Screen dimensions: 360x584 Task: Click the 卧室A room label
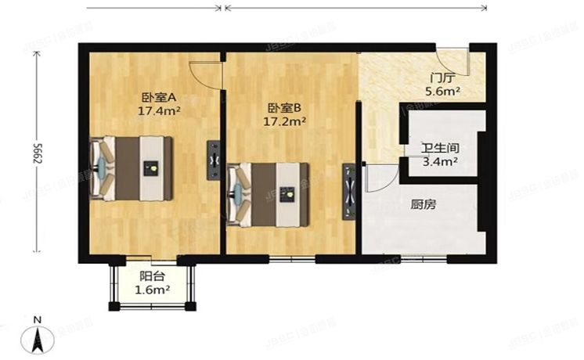pos(159,98)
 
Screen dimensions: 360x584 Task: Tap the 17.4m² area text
pos(159,111)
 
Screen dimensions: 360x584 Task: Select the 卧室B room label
pos(283,109)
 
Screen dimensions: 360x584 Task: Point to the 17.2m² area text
pos(283,122)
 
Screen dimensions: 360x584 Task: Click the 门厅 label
pos(442,78)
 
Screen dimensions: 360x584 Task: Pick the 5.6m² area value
pos(442,92)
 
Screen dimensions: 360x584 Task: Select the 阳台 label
pos(152,276)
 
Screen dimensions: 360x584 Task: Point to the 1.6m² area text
pos(153,290)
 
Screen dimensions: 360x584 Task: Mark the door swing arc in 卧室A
pos(206,74)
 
